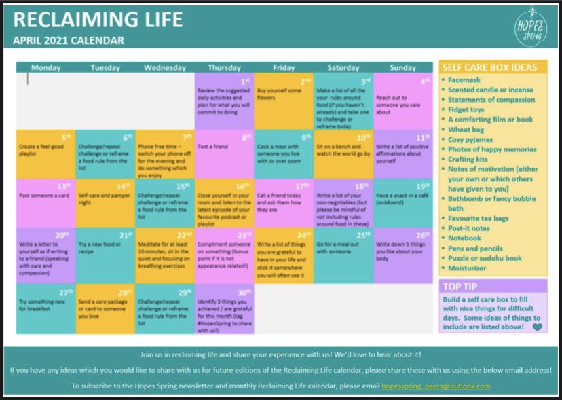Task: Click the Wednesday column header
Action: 165,67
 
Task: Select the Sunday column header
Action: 403,67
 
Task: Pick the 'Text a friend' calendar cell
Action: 224,154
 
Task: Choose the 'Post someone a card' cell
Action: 46,203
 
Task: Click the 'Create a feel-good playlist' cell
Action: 46,154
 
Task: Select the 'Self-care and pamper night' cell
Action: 105,203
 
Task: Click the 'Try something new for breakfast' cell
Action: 46,308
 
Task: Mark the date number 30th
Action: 244,292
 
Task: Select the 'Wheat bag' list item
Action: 466,129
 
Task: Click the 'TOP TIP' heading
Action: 462,286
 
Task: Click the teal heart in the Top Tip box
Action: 538,327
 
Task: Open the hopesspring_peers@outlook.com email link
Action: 436,386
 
